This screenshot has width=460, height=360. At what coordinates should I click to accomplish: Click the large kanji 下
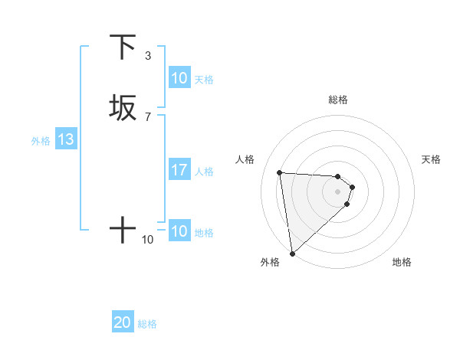click(x=123, y=47)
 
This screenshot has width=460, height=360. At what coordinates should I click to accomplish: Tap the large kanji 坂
click(x=123, y=108)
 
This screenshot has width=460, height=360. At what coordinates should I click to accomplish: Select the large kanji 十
click(x=123, y=230)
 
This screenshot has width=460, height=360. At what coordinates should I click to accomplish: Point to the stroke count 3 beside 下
click(x=148, y=56)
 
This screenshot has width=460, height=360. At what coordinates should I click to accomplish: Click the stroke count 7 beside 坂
click(x=148, y=117)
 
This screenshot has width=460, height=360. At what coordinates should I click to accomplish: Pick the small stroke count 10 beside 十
click(x=148, y=240)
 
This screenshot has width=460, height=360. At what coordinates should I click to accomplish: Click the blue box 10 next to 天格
click(x=179, y=78)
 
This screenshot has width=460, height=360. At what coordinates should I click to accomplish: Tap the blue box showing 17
click(x=179, y=170)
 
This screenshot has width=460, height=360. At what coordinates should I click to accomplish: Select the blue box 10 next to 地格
click(x=179, y=231)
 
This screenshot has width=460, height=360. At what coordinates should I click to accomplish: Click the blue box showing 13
click(x=65, y=139)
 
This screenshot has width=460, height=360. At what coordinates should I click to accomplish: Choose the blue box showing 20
click(x=123, y=322)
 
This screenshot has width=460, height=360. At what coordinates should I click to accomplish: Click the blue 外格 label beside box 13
click(x=41, y=141)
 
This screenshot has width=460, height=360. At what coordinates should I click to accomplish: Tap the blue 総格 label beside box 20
click(x=147, y=324)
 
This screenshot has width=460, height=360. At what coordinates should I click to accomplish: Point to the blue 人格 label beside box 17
click(x=205, y=172)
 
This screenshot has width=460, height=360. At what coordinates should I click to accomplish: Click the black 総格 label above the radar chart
click(x=338, y=100)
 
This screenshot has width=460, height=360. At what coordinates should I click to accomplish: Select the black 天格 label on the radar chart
click(x=431, y=159)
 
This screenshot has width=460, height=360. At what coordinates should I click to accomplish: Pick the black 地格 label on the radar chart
click(x=402, y=262)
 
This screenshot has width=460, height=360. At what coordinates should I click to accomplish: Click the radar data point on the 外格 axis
click(x=292, y=254)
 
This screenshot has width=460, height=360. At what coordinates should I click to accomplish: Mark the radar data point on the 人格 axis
click(x=280, y=172)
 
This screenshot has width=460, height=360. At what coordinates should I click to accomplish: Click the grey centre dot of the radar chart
click(x=338, y=191)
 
